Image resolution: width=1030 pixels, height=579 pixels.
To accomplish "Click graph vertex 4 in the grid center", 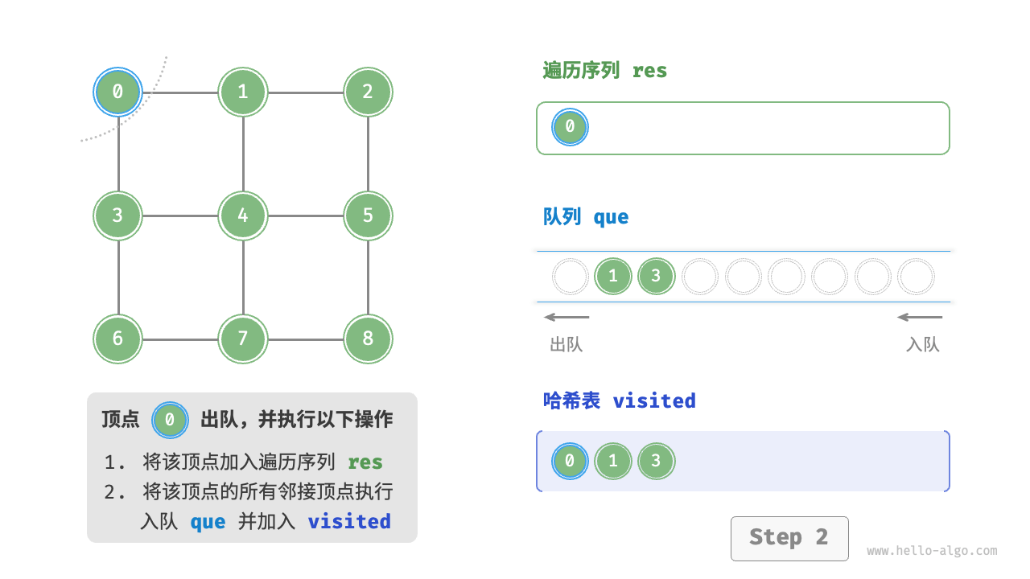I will (243, 216).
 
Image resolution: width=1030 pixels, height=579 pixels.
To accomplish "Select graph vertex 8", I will (368, 339).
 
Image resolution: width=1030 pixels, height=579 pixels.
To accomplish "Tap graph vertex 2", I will (368, 92).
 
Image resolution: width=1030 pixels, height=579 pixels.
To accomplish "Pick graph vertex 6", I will (118, 339).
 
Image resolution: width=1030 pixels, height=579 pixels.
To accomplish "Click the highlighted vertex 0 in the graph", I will (118, 92).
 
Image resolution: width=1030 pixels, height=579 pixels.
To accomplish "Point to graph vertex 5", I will (368, 216).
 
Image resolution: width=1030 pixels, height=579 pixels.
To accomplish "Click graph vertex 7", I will (243, 339).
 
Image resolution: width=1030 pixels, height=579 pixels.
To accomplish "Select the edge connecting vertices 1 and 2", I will (306, 92).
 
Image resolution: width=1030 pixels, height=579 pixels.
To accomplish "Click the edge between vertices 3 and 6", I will (118, 277).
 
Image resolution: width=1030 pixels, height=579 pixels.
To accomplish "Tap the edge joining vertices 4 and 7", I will (243, 277).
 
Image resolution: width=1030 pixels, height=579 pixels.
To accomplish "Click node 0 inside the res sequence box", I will (570, 127).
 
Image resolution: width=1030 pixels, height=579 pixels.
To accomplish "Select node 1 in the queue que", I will (613, 277).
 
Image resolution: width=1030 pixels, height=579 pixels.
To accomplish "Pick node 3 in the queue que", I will (656, 277).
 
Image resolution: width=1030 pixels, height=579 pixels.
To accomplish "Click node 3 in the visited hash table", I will (656, 461).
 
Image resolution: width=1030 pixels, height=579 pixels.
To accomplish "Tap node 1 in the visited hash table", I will (613, 461).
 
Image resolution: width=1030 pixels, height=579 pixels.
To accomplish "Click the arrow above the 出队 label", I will (566, 317).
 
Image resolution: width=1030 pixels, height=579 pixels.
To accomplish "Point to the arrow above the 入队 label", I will (920, 317).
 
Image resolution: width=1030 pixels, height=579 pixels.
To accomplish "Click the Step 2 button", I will (789, 538).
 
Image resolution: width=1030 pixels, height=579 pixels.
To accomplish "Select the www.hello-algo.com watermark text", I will (932, 552).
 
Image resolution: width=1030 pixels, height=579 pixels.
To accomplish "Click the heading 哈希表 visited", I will (619, 400).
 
